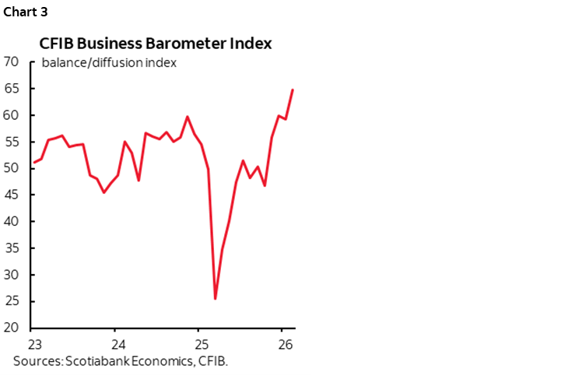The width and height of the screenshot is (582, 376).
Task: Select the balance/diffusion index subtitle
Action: [x=109, y=62]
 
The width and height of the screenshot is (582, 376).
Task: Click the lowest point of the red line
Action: [x=215, y=298]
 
